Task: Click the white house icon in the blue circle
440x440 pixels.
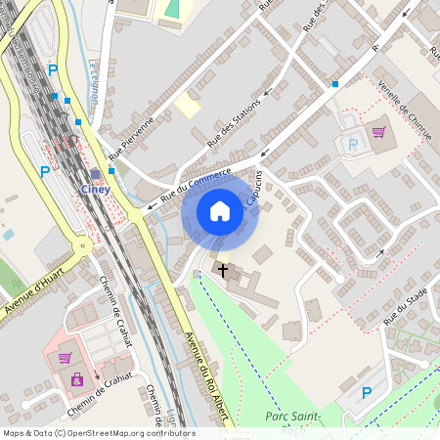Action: pos(220,211)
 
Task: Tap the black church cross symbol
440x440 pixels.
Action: pos(223,269)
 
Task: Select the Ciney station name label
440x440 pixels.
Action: pos(95,189)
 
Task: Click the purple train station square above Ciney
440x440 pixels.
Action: pos(95,174)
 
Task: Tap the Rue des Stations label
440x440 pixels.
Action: pos(234,122)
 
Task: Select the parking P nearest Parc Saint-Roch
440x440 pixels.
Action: pos(367,393)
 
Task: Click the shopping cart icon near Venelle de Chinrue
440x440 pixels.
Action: pos(378,131)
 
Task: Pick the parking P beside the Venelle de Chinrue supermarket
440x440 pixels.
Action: pos(353,144)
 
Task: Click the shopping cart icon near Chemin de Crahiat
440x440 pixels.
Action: pos(65,359)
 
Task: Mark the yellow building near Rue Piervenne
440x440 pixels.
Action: pos(187,105)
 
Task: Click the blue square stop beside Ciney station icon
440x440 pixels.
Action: pos(112,171)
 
